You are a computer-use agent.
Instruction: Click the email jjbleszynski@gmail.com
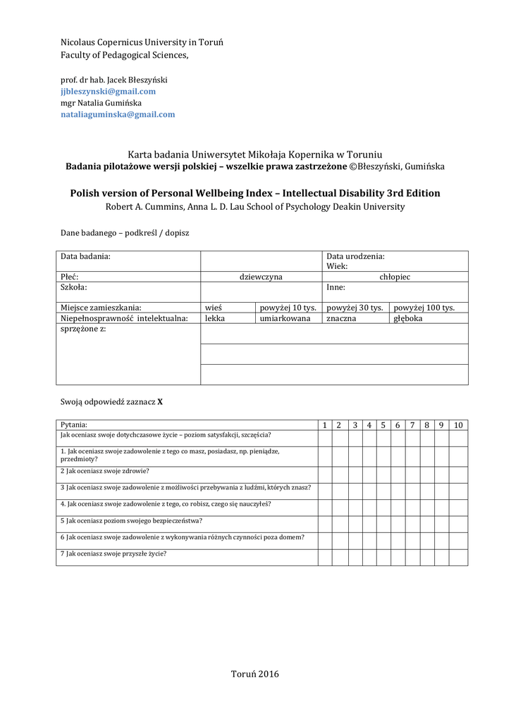click(x=108, y=92)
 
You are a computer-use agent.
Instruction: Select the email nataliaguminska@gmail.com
click(x=118, y=114)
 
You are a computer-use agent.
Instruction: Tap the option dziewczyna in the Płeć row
click(x=261, y=277)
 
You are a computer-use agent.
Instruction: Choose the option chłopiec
click(x=395, y=277)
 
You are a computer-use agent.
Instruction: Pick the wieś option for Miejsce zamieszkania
click(x=214, y=308)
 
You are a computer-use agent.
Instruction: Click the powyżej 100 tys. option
click(x=424, y=308)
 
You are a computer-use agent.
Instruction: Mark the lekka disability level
click(x=215, y=318)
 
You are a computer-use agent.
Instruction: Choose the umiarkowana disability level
click(x=285, y=318)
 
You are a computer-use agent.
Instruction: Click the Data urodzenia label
click(x=355, y=257)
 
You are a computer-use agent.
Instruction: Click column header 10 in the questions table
click(x=458, y=425)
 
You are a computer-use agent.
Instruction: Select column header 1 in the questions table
click(x=325, y=425)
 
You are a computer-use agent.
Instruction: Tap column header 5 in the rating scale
click(x=383, y=425)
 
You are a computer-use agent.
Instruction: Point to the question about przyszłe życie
click(x=113, y=553)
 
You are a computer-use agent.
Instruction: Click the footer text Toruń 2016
click(x=255, y=674)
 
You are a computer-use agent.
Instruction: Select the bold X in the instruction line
click(x=160, y=402)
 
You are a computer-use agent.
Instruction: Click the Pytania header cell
click(x=74, y=425)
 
